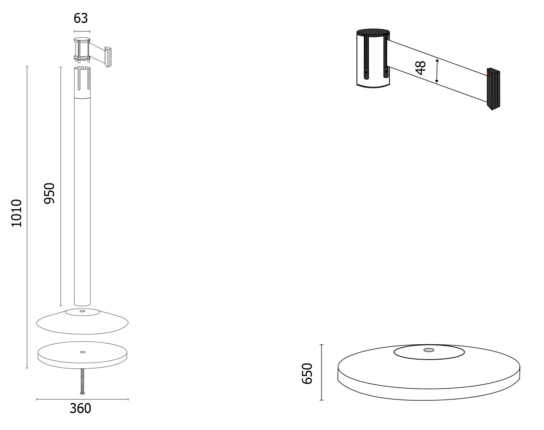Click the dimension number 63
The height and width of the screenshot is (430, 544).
(x=80, y=18)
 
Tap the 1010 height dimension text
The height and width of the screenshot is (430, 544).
(x=16, y=213)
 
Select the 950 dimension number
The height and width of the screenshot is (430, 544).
(x=49, y=193)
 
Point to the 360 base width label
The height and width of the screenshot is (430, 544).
(x=80, y=408)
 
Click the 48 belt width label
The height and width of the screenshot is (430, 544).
(x=420, y=68)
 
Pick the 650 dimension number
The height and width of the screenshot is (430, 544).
(x=307, y=373)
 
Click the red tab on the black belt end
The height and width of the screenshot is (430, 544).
(x=488, y=74)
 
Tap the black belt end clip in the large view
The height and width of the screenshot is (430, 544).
(x=493, y=89)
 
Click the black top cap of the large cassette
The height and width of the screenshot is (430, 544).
(x=373, y=33)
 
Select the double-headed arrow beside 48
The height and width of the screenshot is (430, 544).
(x=437, y=71)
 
